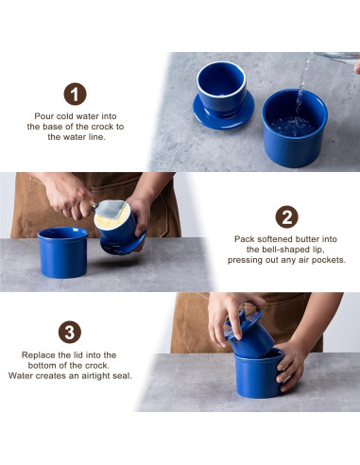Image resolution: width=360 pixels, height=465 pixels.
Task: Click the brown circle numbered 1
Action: point(75,94)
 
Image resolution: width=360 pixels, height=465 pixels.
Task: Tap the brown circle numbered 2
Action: point(286,216)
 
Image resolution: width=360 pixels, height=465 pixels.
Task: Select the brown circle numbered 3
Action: point(70,332)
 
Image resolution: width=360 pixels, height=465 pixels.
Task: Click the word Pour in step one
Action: point(43,116)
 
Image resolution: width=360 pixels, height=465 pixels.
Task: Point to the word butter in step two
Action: point(306,239)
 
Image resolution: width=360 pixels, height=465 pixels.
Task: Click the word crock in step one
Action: point(102,127)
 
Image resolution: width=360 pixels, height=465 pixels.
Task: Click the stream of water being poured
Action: point(301,85)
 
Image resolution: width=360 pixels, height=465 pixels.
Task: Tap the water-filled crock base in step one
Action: point(295,128)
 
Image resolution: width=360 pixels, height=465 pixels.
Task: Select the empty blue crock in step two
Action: point(63,252)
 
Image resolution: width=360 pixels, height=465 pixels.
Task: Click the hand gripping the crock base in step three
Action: point(291,366)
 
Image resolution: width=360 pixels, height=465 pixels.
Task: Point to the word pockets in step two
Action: point(329,261)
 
